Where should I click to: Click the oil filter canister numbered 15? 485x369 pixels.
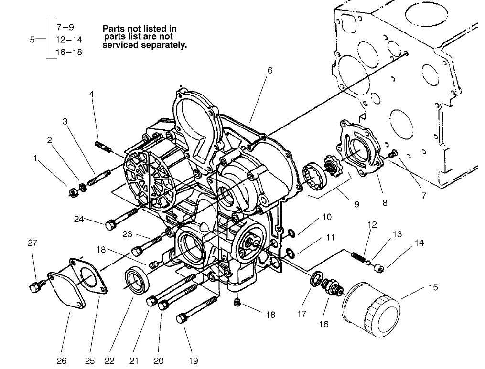(370, 310)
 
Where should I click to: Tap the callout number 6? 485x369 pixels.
(270, 70)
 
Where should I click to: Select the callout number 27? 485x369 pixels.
(32, 243)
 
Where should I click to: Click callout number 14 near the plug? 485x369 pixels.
(419, 242)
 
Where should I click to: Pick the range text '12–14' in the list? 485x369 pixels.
(69, 40)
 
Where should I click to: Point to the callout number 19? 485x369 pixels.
(193, 361)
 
